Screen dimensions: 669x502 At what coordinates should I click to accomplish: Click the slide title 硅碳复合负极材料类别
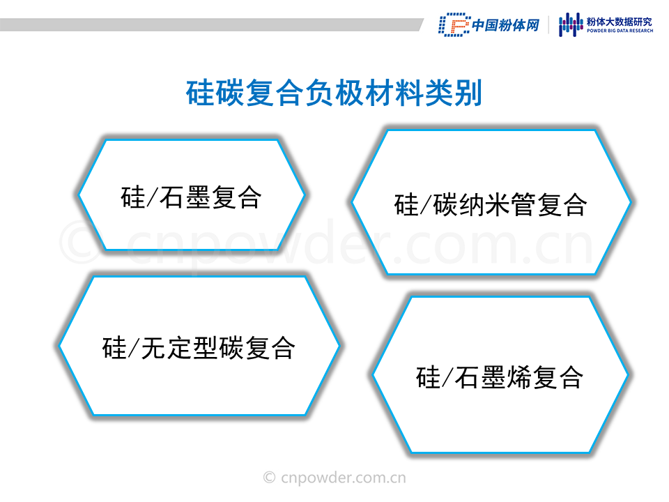334,93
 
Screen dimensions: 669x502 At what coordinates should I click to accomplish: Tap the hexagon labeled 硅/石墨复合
192,195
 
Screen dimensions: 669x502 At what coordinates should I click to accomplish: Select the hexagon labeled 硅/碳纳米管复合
491,202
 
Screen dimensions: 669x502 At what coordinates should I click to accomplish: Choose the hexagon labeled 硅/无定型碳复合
199,346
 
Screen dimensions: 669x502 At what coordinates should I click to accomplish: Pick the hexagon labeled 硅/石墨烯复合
500,375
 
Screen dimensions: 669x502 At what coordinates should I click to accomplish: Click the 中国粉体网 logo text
506,25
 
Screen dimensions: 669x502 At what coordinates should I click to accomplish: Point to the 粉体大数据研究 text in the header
620,22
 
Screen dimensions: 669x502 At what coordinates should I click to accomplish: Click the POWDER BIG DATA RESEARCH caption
620,31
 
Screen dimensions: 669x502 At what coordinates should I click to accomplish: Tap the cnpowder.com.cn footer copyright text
334,478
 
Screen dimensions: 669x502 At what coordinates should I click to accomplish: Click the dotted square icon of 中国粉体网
454,25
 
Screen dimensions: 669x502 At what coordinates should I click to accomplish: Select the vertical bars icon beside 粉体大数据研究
571,24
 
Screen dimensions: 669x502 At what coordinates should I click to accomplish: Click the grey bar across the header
212,25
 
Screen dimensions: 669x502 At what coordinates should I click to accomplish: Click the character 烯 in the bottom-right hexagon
518,377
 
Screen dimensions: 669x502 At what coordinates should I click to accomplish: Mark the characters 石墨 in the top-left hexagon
184,197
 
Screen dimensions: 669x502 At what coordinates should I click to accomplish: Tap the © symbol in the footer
269,478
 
